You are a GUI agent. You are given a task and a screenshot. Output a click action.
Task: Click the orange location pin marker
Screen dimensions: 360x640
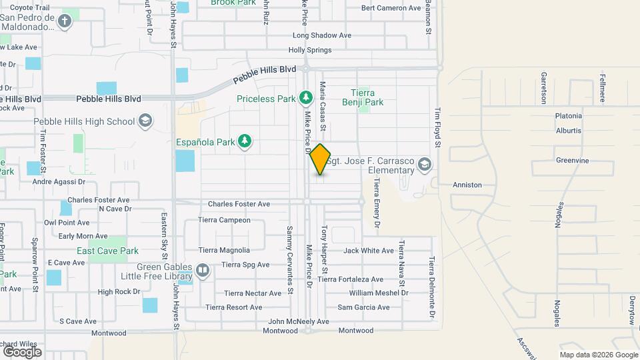click(321, 159)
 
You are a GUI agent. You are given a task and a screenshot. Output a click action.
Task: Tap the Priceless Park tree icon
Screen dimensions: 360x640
click(306, 99)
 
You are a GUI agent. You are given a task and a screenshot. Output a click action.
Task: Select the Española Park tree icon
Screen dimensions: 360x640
click(246, 141)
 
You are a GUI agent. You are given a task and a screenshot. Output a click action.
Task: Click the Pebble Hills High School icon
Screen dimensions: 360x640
click(145, 121)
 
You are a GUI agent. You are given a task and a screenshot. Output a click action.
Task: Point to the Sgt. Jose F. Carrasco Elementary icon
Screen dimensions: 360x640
click(425, 164)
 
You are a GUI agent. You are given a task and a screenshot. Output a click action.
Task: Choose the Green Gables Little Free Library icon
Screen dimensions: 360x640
click(203, 271)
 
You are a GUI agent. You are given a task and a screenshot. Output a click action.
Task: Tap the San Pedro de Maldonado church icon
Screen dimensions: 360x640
click(65, 21)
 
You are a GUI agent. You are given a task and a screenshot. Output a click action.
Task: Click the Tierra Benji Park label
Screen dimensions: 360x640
click(367, 98)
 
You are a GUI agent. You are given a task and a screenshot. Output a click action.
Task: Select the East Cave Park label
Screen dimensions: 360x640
click(107, 251)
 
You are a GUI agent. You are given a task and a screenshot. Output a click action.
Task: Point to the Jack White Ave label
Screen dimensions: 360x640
click(369, 251)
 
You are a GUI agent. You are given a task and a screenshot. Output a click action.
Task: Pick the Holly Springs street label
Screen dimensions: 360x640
click(310, 50)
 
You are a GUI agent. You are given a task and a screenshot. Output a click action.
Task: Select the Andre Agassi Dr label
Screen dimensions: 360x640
click(59, 181)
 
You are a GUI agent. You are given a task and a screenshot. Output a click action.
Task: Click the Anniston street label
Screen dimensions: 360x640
click(467, 185)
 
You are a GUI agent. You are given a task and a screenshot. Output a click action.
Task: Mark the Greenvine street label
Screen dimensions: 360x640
click(573, 160)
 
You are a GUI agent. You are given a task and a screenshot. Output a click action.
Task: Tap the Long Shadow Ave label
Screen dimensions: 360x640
click(322, 35)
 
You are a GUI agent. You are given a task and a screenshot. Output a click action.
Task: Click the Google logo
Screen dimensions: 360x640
click(22, 351)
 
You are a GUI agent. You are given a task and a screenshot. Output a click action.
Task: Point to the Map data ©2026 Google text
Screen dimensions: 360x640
click(599, 355)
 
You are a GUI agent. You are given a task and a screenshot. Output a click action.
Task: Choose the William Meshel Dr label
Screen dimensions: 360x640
click(378, 293)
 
